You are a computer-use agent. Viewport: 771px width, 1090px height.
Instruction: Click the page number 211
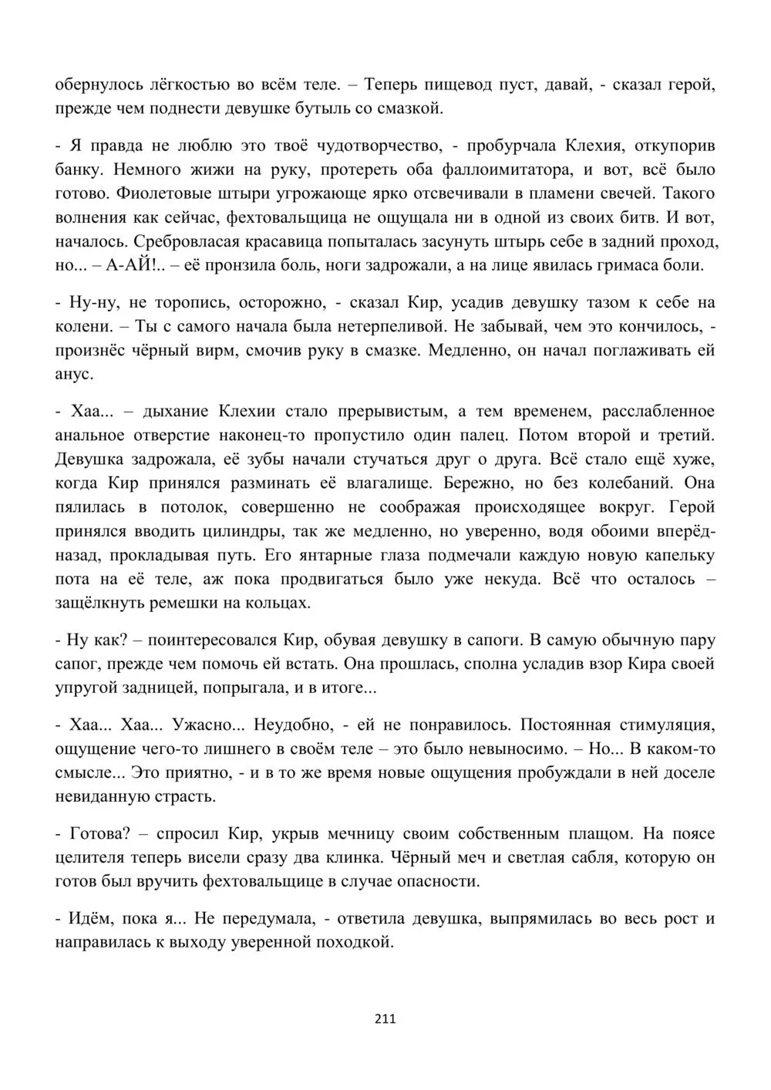pos(385,1019)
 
